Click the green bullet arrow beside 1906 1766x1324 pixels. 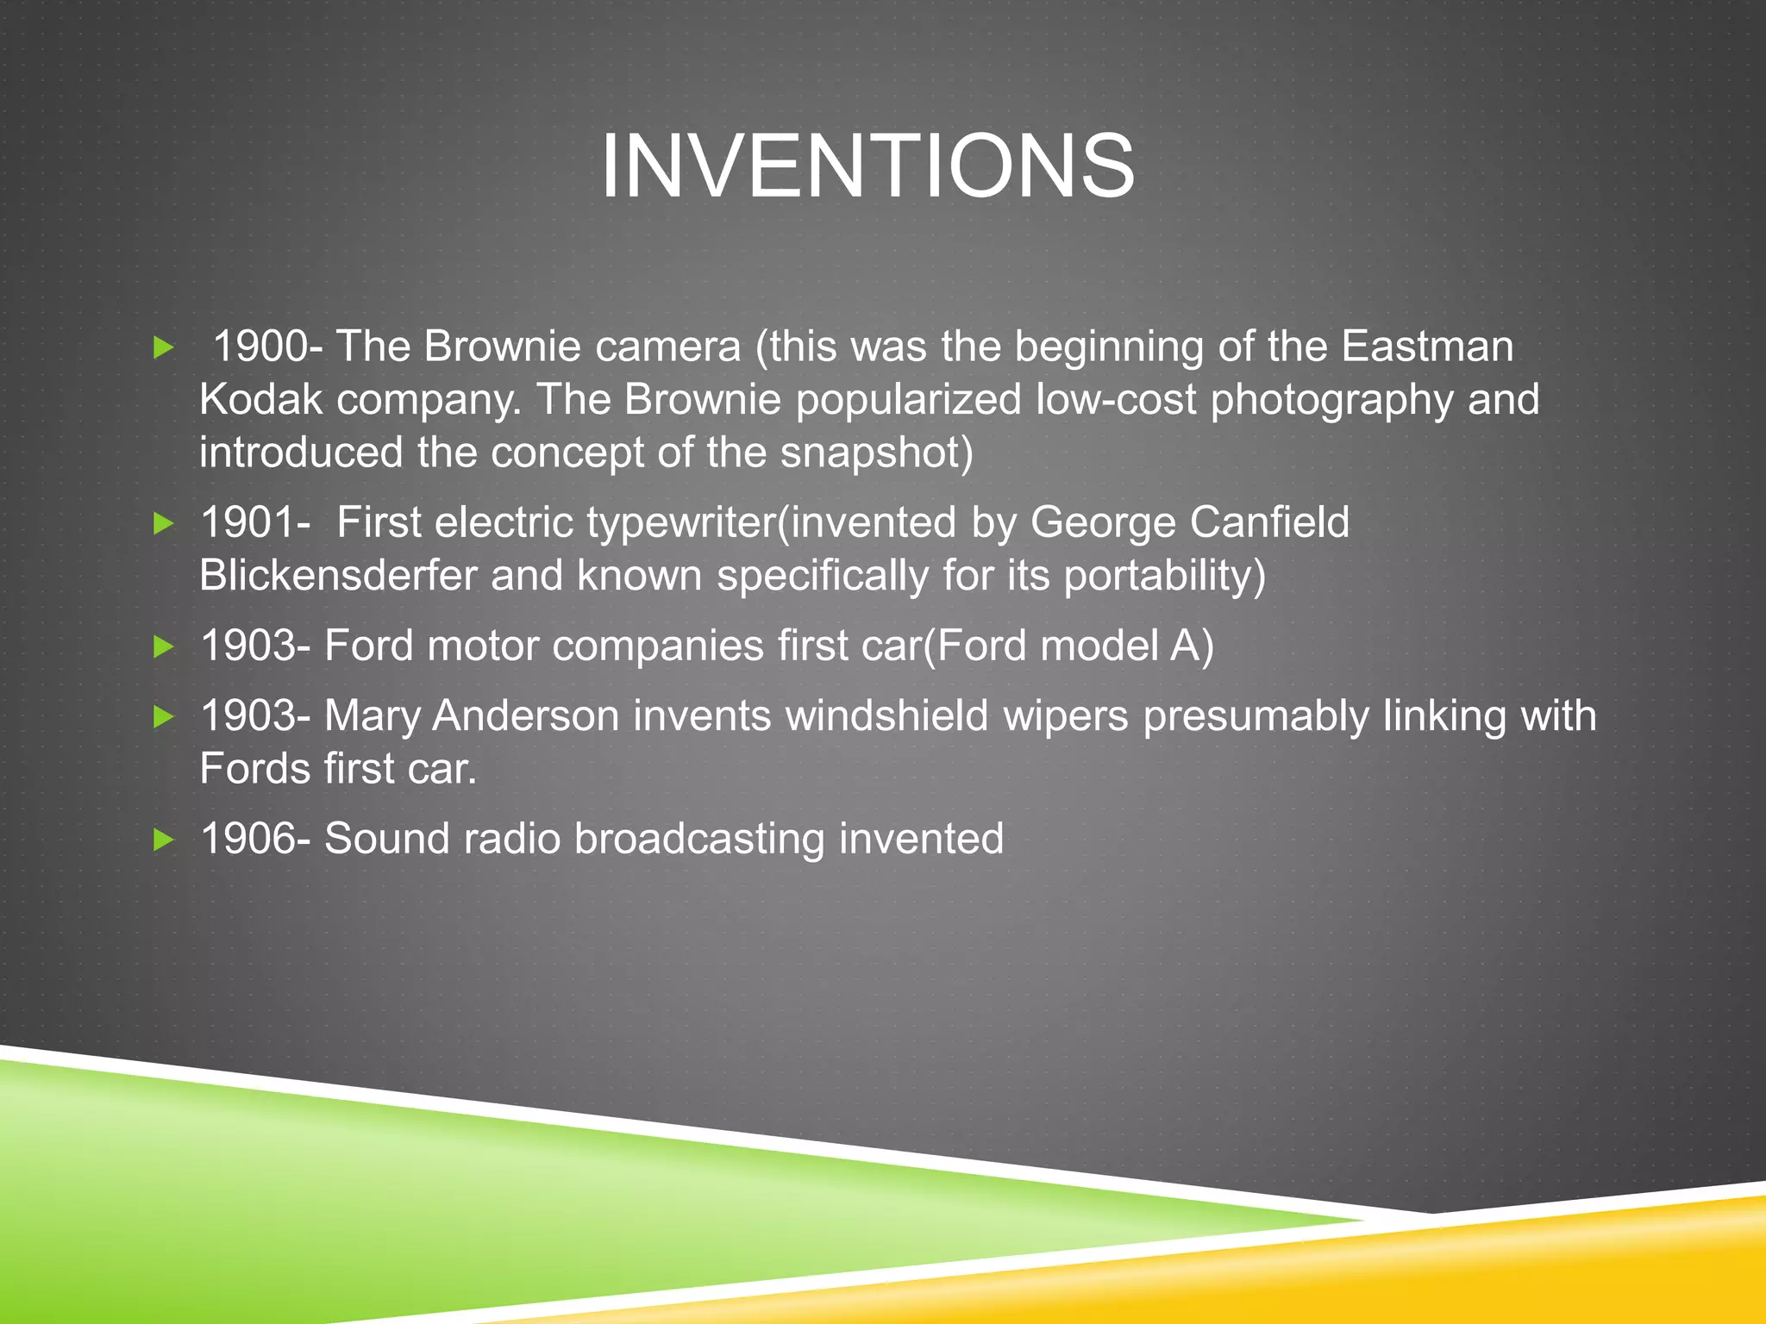point(163,840)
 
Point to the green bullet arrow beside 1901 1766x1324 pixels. point(163,523)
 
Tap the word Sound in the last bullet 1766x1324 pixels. point(386,839)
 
